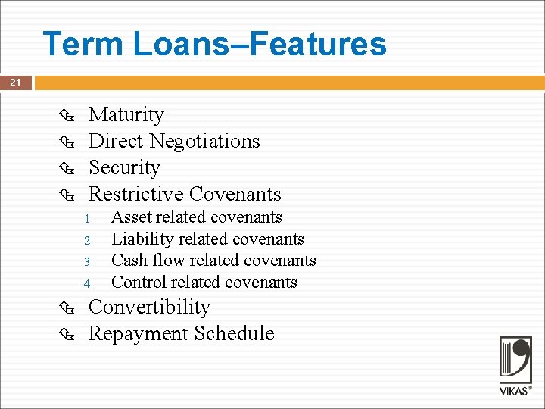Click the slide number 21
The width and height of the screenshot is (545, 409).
15,83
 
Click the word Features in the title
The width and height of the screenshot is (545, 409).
318,44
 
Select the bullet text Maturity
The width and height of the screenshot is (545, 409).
126,114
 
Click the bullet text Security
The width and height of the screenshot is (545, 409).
124,167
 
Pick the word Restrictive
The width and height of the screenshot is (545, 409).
135,194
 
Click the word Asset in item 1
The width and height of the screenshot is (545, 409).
131,217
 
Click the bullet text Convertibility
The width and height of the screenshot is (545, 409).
149,307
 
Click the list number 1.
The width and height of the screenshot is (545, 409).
88,220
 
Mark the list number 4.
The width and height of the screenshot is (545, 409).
88,285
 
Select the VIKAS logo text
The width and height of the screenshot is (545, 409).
515,392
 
